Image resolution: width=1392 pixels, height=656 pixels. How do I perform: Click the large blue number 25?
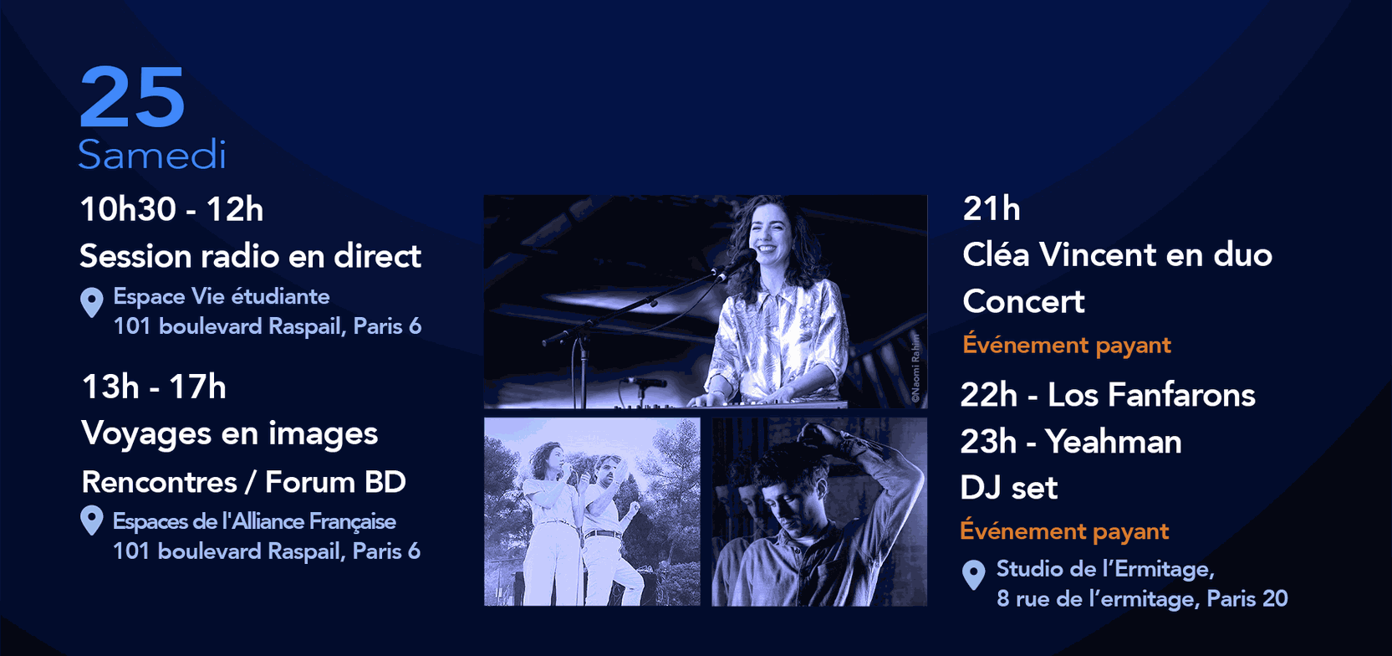tap(132, 97)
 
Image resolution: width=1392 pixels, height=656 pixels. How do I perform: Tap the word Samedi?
tap(151, 154)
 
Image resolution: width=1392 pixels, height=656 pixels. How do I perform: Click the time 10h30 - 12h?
tap(171, 209)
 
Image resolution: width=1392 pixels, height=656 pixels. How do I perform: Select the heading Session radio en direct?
tap(251, 256)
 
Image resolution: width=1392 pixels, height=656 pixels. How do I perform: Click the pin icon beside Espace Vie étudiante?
tap(92, 302)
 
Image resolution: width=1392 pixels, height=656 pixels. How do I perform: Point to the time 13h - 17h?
tap(154, 387)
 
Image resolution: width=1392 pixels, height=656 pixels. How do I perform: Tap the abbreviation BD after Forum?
tap(385, 482)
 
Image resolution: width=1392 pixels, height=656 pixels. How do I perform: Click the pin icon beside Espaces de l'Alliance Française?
tap(92, 520)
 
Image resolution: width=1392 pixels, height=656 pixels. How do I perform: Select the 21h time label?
tap(992, 208)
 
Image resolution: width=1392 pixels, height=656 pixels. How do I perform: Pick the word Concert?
tap(1023, 301)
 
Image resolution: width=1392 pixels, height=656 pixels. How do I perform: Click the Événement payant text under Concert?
tap(1067, 346)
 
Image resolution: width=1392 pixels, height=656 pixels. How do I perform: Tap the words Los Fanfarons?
tap(1151, 395)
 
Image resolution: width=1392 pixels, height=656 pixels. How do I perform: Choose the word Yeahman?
tap(1113, 442)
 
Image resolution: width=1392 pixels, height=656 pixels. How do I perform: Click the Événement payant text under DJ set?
tap(1064, 531)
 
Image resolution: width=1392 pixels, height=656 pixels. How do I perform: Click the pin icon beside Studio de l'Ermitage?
tap(974, 575)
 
